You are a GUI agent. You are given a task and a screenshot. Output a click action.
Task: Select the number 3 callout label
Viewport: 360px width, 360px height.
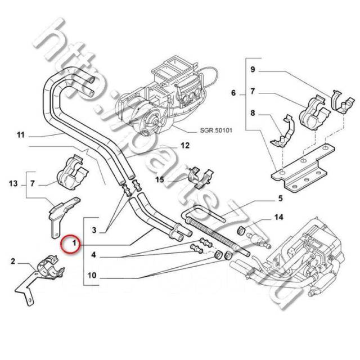click(94, 229)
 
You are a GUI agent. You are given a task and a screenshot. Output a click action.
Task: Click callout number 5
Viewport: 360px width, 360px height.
click(279, 199)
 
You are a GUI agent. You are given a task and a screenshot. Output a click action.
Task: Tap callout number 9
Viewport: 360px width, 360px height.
click(253, 70)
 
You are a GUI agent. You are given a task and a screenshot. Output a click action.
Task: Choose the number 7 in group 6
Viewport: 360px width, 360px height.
click(253, 91)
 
